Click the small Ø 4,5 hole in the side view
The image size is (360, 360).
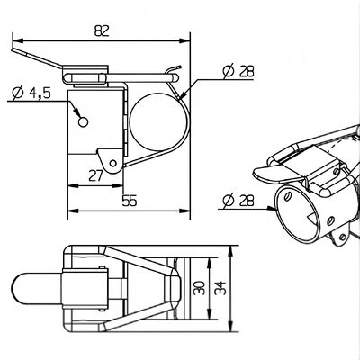click(x=84, y=120)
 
